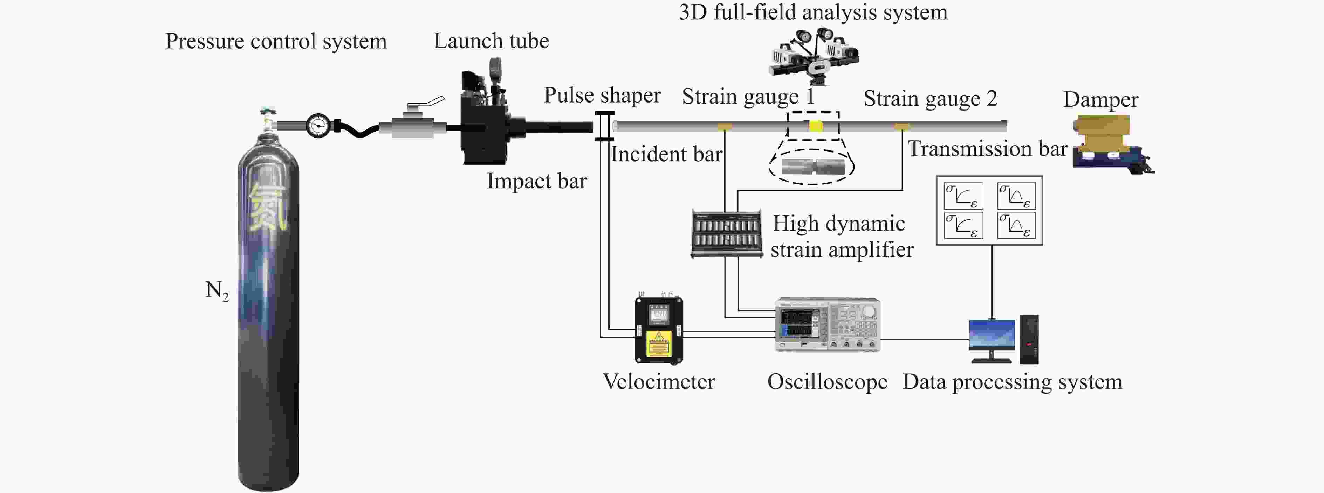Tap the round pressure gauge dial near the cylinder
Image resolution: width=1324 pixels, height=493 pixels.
318,125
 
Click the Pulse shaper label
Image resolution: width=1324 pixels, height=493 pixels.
602,95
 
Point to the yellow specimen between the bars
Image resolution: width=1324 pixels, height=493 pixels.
816,126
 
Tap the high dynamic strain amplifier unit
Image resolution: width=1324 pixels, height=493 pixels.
726,234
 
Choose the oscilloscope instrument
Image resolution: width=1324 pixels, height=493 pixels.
828,325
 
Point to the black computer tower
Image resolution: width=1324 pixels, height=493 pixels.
1029,339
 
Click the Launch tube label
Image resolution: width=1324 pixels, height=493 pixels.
491,41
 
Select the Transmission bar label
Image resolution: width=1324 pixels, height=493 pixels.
987,149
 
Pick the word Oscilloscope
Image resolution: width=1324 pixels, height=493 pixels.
827,382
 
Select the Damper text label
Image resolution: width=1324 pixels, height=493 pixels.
1100,100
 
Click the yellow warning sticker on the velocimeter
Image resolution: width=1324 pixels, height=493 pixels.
659,344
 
